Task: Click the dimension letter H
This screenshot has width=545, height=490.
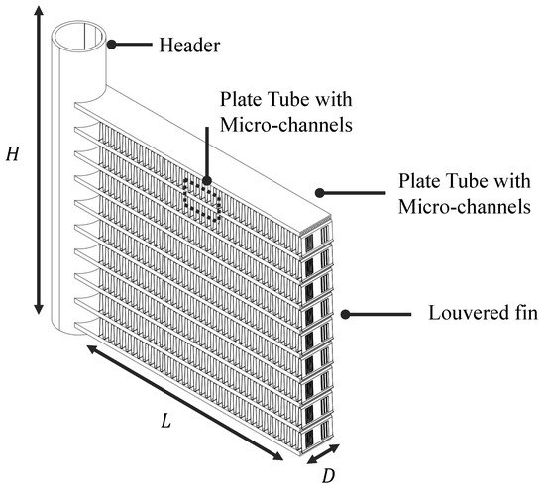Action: tap(13, 156)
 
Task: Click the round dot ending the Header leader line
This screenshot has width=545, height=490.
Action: tap(113, 44)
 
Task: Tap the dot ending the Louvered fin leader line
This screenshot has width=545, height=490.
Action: tap(345, 314)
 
